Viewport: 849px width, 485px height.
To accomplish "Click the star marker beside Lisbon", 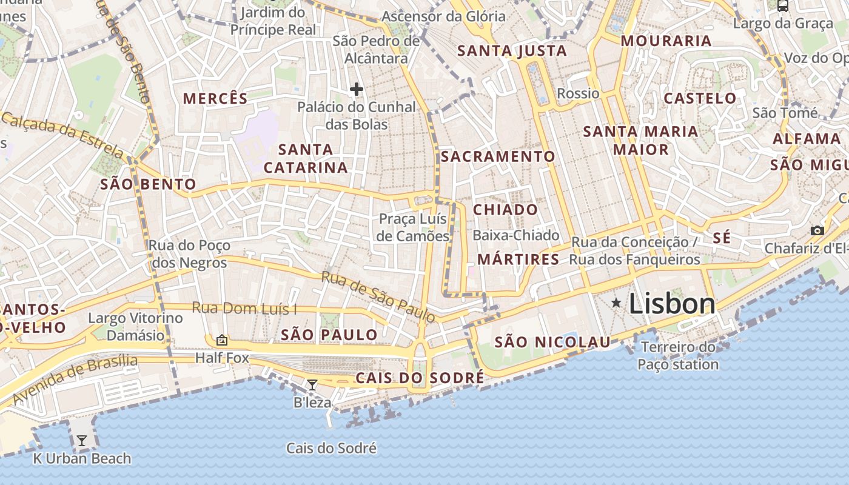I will (616, 302).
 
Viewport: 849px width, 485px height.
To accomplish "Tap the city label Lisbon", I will (672, 303).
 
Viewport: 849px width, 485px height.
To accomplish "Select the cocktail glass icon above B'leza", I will (312, 384).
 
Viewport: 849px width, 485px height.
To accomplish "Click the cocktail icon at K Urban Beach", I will (82, 441).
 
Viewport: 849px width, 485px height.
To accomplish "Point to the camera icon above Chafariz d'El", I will (817, 230).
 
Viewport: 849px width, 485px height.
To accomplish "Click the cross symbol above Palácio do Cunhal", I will (357, 90).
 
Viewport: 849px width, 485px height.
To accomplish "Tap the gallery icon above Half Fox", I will (222, 340).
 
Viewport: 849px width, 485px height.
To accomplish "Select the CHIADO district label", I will (505, 210).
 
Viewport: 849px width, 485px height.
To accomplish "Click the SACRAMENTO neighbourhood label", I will (498, 156).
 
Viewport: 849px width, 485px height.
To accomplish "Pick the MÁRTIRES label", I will (518, 259).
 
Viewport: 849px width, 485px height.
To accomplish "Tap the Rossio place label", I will (578, 93).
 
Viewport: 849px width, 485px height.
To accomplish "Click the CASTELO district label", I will (700, 98).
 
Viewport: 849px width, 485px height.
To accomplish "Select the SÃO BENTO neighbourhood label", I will (148, 184).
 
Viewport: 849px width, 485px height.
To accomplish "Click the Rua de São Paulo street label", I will (378, 296).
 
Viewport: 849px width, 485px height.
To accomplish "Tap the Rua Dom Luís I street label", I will (244, 308).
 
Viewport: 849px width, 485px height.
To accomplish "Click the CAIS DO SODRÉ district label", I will (420, 378).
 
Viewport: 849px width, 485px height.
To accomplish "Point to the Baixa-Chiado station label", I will (515, 235).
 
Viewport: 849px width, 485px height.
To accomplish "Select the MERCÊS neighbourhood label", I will (215, 98).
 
